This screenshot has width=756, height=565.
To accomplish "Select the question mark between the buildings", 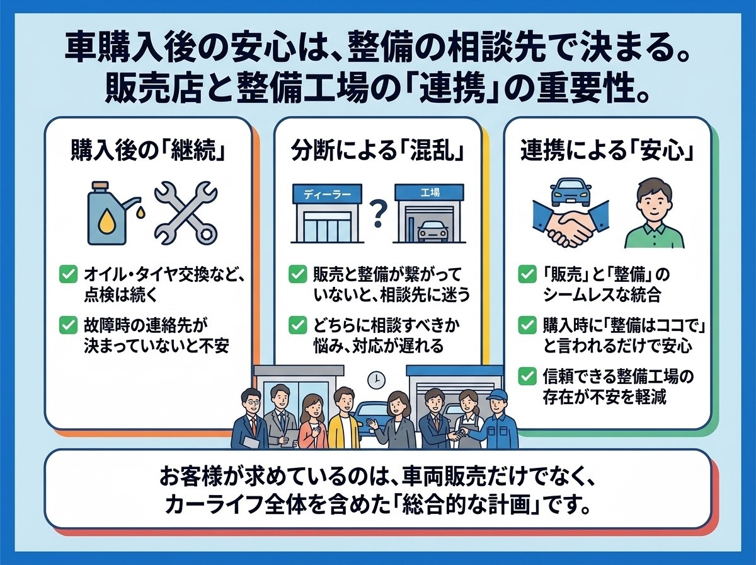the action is point(378,214).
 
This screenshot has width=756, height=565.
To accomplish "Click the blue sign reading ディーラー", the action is point(327,194).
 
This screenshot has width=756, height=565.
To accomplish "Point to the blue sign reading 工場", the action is point(430,193).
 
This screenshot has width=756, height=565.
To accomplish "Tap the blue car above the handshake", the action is point(570,191).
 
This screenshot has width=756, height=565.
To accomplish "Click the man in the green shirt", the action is point(654,213).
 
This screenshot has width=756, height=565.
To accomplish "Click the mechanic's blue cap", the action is point(496,394).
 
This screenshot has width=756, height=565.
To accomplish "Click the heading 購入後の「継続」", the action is point(148,150).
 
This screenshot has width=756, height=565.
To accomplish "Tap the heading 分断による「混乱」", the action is point(377,150).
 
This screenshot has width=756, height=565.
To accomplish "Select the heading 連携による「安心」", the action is point(607,150).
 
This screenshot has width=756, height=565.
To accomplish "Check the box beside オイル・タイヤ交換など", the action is point(68,274).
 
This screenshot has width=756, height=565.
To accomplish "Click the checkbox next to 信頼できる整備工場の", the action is point(527,376).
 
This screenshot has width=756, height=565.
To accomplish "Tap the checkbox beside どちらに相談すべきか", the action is point(297,325).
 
